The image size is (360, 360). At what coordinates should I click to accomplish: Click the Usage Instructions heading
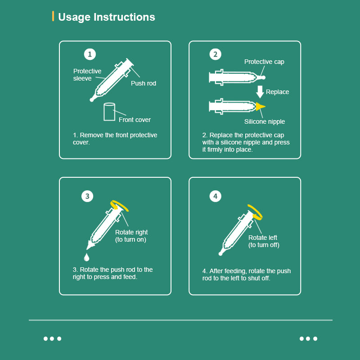[x=107, y=17]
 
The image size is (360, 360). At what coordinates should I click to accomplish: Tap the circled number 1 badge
[x=90, y=54]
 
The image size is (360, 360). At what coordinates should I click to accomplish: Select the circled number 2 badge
[x=216, y=54]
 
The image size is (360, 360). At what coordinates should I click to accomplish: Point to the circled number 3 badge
[x=87, y=196]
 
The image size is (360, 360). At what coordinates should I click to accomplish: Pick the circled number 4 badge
[x=216, y=196]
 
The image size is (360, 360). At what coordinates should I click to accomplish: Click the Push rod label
[x=144, y=83]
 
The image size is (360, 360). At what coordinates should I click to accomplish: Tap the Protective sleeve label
[x=87, y=75]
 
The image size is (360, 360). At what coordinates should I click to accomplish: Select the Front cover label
[x=135, y=120]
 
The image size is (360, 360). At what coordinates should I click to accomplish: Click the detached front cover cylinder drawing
[x=109, y=112]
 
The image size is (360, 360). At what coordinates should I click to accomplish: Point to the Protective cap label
[x=264, y=62]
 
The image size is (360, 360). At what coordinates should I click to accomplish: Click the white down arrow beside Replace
[x=260, y=92]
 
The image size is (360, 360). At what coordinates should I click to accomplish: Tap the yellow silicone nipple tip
[x=261, y=107]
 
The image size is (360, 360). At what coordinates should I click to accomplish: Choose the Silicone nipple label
[x=265, y=121]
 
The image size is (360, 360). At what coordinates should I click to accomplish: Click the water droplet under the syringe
[x=86, y=257]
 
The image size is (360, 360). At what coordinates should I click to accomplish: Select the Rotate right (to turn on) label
[x=131, y=236]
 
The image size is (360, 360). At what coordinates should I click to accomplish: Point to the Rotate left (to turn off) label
[x=264, y=241]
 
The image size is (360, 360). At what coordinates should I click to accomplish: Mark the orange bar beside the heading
[x=53, y=16]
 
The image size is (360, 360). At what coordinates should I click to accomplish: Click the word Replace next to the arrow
[x=277, y=92]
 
